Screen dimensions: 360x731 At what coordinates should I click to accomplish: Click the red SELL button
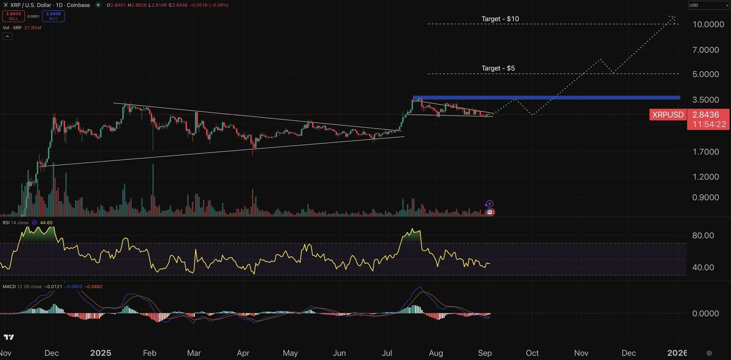(x=14, y=16)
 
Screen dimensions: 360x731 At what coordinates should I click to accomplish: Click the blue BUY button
(x=53, y=16)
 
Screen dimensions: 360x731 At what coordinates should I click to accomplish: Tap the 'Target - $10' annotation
(x=500, y=19)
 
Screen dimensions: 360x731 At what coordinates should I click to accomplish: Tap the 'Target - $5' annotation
(x=498, y=68)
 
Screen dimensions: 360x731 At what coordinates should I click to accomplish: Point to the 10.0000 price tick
(x=708, y=24)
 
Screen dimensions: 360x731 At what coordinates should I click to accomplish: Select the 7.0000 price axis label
(x=705, y=50)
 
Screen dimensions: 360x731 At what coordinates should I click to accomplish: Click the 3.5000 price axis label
(x=705, y=100)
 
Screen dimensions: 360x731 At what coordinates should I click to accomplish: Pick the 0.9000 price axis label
(x=705, y=197)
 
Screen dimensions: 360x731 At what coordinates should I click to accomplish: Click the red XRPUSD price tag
(x=667, y=115)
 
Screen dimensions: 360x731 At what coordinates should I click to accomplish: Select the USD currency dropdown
(x=708, y=5)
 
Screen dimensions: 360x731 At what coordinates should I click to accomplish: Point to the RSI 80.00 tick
(x=703, y=235)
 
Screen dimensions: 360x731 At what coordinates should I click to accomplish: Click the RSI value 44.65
(x=46, y=223)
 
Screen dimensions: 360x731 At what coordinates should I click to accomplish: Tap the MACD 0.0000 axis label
(x=705, y=313)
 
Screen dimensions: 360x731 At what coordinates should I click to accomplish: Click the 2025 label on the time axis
(x=101, y=353)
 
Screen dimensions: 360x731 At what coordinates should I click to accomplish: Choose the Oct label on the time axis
(x=532, y=353)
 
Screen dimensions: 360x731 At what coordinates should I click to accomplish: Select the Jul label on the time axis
(x=387, y=353)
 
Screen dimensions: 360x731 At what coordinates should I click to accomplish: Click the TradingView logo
(x=9, y=337)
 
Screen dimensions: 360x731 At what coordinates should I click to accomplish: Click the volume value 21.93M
(x=33, y=28)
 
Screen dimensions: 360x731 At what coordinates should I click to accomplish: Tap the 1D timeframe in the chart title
(x=59, y=5)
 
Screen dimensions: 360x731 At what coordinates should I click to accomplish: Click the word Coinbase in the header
(x=79, y=5)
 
